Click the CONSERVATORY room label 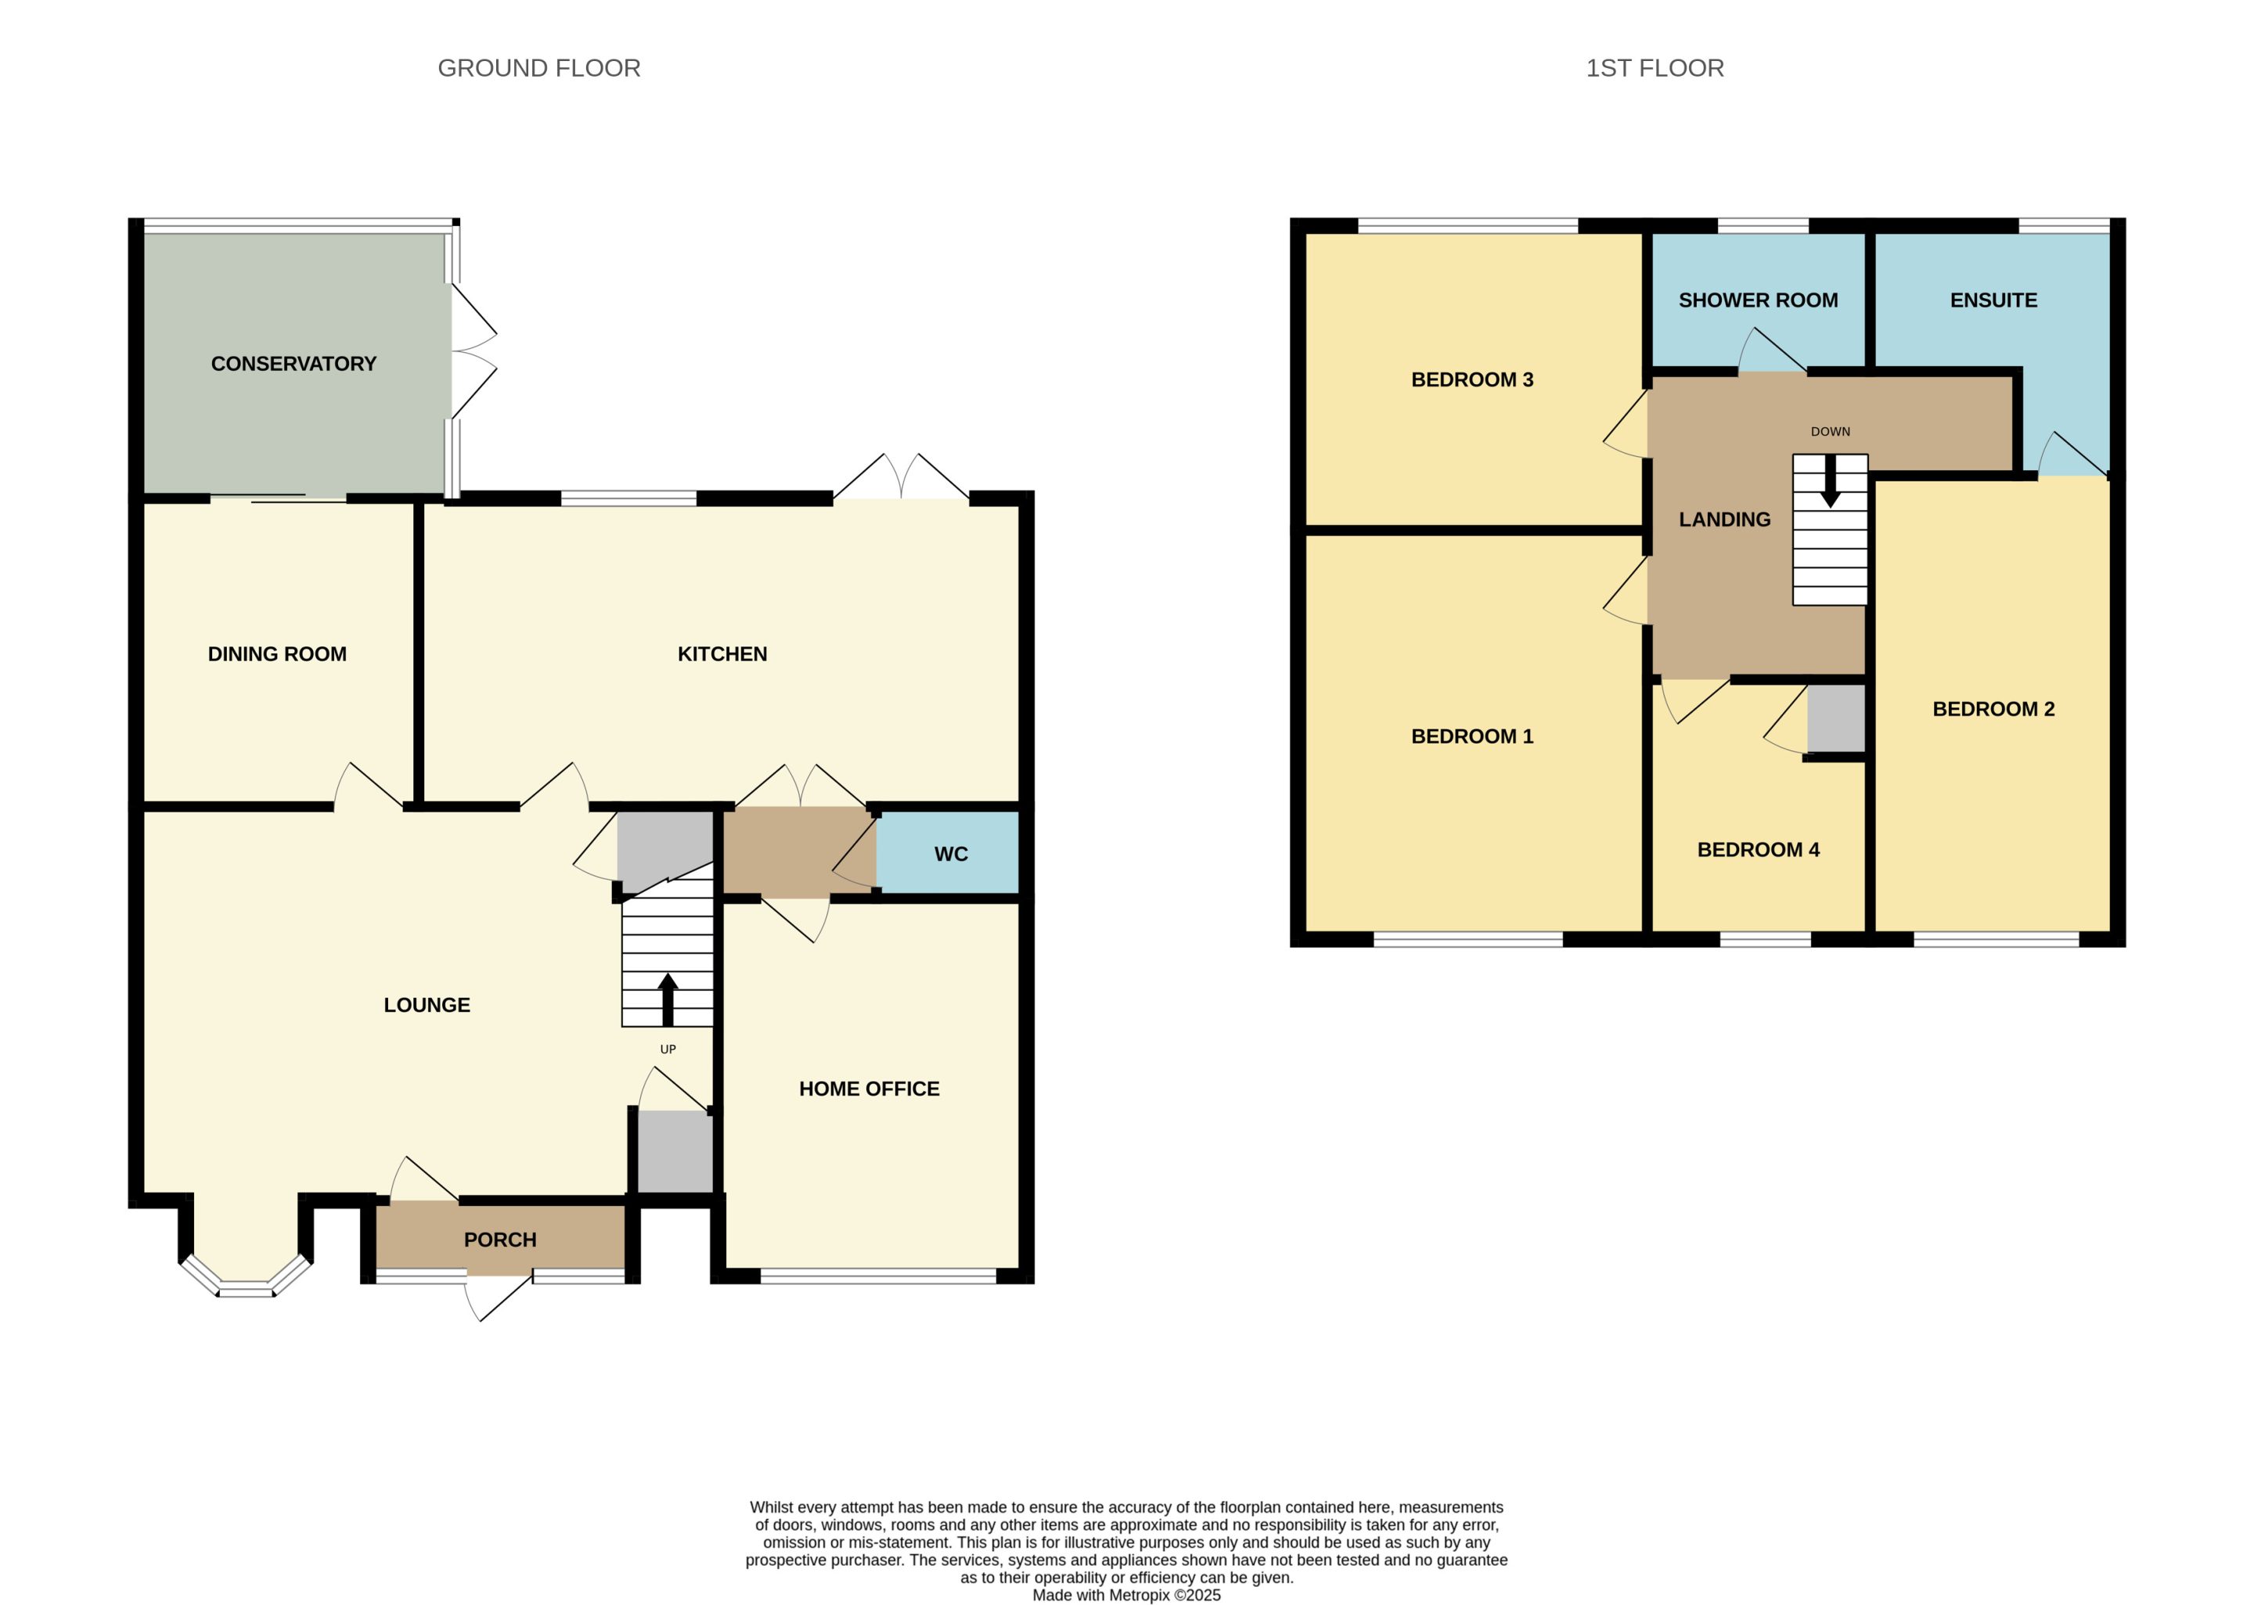pos(293,364)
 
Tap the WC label pos(951,854)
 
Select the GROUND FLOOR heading pos(538,68)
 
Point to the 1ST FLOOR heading pos(1654,68)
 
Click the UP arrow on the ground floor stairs pos(668,999)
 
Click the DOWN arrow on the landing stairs pos(1830,481)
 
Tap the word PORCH pos(500,1240)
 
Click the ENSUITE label pos(1993,300)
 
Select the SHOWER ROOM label pos(1758,300)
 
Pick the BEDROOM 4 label pos(1758,850)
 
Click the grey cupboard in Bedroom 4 pos(1836,718)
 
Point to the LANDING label pos(1724,520)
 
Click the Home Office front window pos(877,1276)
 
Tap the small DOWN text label pos(1830,432)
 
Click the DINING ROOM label pos(277,654)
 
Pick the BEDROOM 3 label pos(1471,380)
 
